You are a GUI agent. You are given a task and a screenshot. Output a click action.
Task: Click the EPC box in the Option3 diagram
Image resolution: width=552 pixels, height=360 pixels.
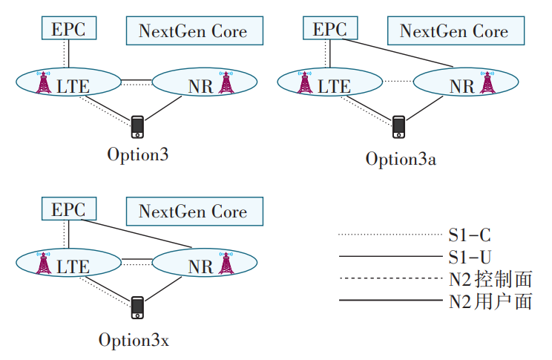coord(68,30)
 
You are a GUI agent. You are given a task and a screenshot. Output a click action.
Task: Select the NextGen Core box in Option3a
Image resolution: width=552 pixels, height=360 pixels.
coord(454,31)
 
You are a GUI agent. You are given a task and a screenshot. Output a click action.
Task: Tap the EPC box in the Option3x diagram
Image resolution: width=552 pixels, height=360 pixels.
coord(68,209)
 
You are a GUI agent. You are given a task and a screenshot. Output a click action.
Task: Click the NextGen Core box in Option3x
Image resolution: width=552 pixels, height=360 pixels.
coord(193,211)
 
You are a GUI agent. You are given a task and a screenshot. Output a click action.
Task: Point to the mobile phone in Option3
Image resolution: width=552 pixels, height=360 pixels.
coord(137,127)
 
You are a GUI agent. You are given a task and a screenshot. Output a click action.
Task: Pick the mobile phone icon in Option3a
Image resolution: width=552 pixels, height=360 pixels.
coord(398,127)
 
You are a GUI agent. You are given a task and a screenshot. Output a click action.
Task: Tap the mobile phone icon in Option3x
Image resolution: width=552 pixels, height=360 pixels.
coord(137,307)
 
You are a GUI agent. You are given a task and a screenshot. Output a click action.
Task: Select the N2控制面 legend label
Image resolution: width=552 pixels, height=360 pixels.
coord(490,279)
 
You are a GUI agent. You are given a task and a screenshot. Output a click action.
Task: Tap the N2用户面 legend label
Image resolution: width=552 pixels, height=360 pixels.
coord(490,301)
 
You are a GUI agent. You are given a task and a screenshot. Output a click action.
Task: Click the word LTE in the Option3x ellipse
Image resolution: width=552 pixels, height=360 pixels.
coord(73,265)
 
